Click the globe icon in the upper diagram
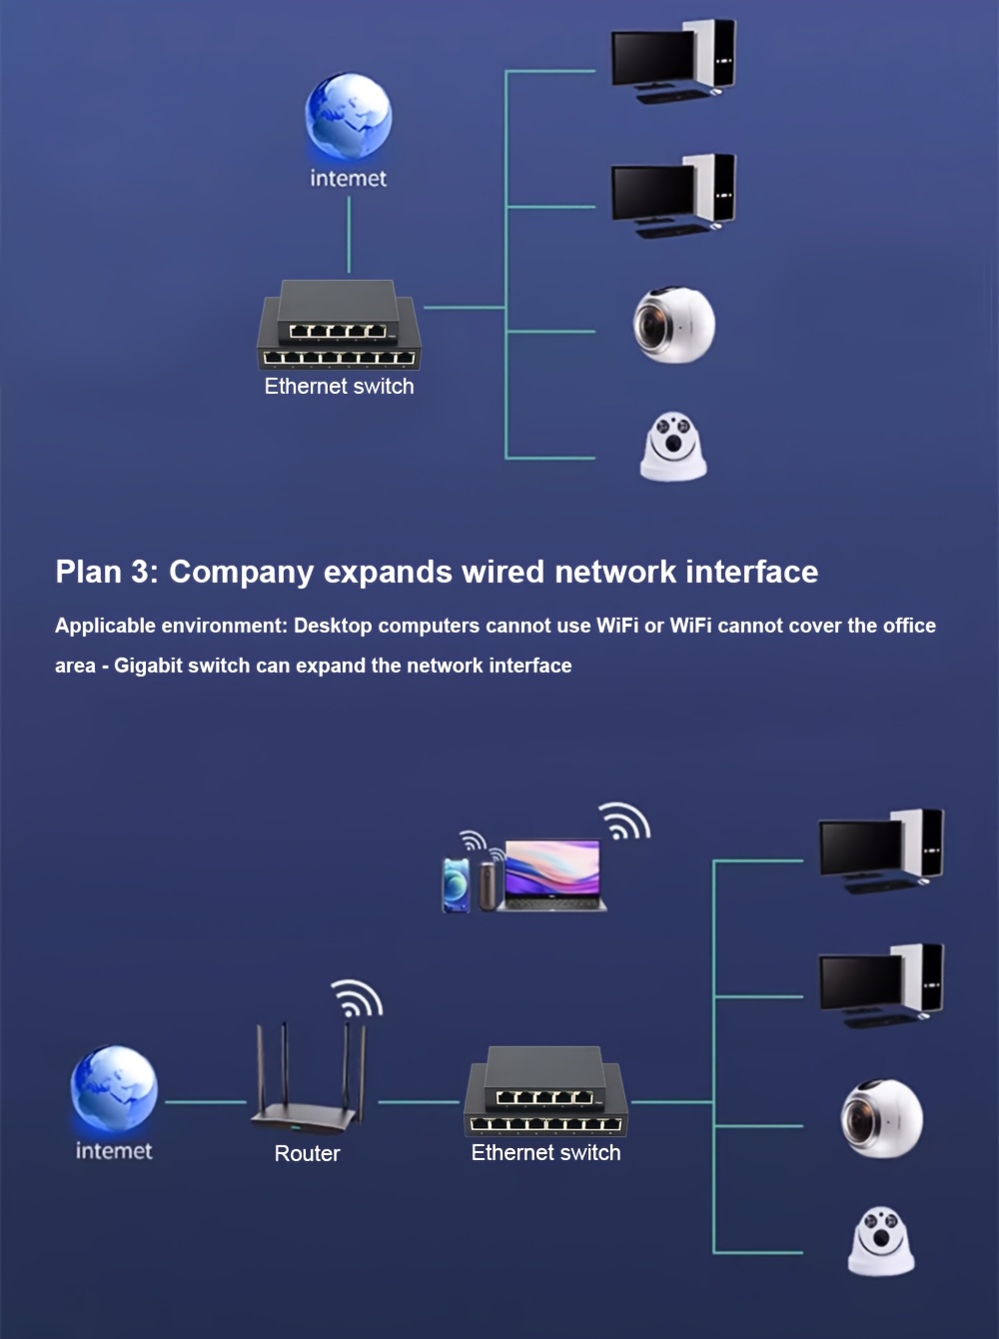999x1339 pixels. tap(348, 116)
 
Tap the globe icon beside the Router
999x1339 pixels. tap(114, 1089)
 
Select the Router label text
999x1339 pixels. tap(307, 1153)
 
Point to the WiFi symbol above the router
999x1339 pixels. tap(357, 999)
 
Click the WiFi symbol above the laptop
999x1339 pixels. tap(625, 821)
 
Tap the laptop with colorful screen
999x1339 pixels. tap(552, 875)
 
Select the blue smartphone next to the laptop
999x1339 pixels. tap(456, 884)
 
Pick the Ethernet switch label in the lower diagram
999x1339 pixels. tap(545, 1152)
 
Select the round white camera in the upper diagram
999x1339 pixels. tap(674, 325)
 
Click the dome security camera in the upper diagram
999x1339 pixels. tap(673, 447)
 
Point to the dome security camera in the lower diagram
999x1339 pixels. tap(881, 1241)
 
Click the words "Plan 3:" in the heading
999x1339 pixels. tap(106, 572)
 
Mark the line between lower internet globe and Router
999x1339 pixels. tap(205, 1102)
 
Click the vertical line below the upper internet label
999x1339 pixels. tap(349, 235)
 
